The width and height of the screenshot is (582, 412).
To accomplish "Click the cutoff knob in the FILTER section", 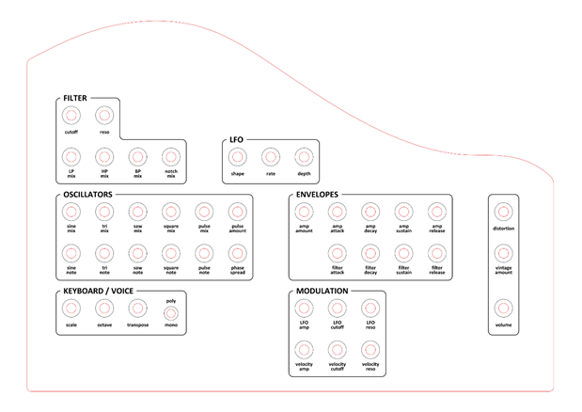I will click(x=71, y=116).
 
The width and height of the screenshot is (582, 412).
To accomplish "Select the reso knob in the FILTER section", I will click(x=104, y=116).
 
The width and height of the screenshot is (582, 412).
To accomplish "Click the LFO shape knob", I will click(x=237, y=156).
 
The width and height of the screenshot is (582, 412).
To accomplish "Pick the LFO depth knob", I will click(x=303, y=156).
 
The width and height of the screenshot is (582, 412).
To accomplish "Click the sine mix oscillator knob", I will click(x=71, y=212).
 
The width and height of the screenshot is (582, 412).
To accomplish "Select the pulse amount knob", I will click(x=237, y=212).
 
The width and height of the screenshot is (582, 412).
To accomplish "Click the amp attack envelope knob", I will click(x=337, y=212).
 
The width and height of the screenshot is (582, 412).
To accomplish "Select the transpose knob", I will click(x=137, y=308).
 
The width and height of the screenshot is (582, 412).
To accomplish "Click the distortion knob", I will click(x=503, y=212).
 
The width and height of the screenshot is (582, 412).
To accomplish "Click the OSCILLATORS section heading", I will click(x=88, y=194).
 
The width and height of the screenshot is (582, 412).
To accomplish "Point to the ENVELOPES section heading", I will click(x=317, y=194).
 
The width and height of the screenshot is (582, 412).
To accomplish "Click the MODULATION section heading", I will click(x=322, y=291).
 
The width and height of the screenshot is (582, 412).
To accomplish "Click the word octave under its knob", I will click(x=104, y=325).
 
